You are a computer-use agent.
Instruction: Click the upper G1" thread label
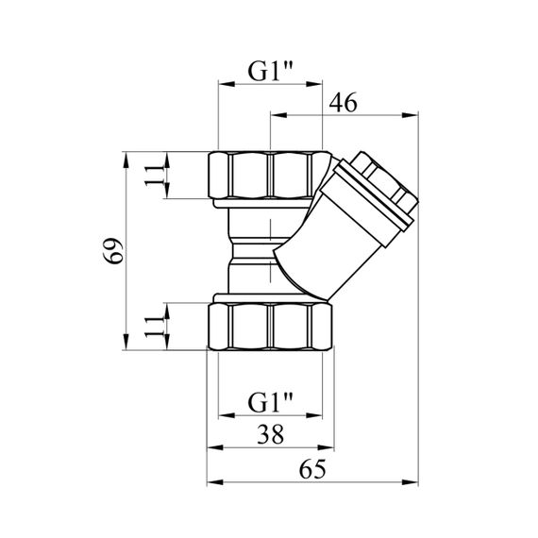pos(270,71)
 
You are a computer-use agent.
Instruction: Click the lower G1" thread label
pos(270,402)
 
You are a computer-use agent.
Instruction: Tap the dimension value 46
pos(343,102)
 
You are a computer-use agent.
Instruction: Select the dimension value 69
pos(113,250)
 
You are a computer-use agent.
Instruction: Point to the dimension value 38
pos(271,434)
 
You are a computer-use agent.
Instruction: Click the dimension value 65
pos(312,469)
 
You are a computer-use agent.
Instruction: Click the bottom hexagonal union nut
pos(270,327)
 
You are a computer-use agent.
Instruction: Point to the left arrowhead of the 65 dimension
pos(215,482)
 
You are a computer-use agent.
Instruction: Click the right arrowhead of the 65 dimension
pos(411,482)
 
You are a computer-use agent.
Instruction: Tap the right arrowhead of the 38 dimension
pos(326,447)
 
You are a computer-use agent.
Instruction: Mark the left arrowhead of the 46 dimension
pos(278,115)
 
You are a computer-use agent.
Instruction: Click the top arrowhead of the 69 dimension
pos(126,160)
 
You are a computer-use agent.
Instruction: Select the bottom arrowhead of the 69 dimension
pos(126,342)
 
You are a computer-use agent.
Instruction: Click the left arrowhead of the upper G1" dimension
pos(227,84)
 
